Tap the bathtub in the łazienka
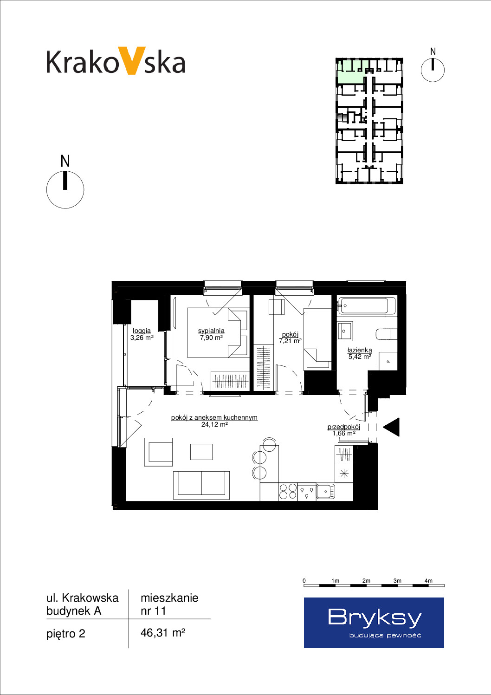367,306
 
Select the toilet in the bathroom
386,334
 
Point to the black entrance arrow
391,427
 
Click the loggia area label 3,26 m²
142,338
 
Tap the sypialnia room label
211,331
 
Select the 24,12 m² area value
214,424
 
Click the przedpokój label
344,427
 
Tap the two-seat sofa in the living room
201,485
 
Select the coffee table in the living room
201,452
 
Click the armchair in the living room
158,452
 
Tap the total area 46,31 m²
163,633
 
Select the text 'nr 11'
153,611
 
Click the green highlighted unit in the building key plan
352,71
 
